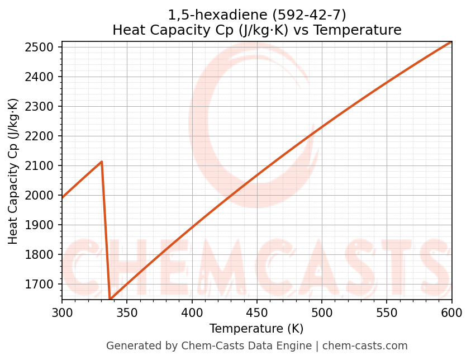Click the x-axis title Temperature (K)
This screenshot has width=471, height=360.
(256, 329)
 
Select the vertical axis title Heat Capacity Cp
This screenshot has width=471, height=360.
(13, 171)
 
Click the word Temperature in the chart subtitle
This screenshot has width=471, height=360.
(367, 30)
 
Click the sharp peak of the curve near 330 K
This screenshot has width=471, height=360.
(102, 162)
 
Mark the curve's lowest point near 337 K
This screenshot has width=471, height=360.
(110, 299)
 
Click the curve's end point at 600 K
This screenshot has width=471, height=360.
(451, 42)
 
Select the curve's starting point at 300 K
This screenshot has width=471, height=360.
(62, 198)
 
